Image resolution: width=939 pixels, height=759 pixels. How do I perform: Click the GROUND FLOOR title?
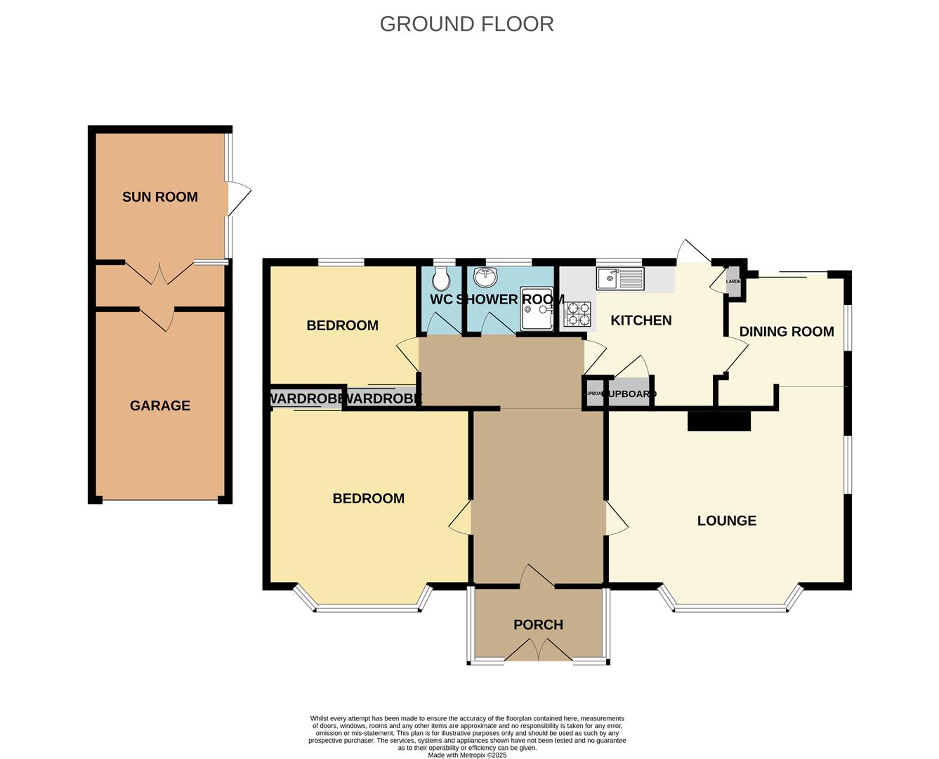[x=466, y=24]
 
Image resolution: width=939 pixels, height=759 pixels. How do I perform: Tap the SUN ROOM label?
[x=160, y=197]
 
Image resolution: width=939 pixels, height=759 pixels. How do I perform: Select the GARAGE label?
[x=160, y=406]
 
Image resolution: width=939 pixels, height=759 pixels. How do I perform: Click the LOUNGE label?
[x=726, y=521]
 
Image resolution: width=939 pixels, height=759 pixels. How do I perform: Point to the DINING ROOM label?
[x=786, y=332]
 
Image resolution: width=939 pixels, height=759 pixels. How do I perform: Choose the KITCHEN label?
[x=641, y=320]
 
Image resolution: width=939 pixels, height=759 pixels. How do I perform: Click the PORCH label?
[x=538, y=625]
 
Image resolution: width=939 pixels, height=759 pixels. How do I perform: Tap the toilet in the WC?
[x=441, y=280]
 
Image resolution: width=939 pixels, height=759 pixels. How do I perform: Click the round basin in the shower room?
[x=485, y=278]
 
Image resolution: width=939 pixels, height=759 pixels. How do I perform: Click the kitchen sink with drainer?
[x=619, y=279]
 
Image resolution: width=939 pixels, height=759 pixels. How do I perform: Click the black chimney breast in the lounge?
[x=718, y=420]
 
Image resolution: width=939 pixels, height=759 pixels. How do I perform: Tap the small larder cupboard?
[x=733, y=281]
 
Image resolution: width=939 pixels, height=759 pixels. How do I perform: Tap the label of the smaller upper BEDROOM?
[x=342, y=325]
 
